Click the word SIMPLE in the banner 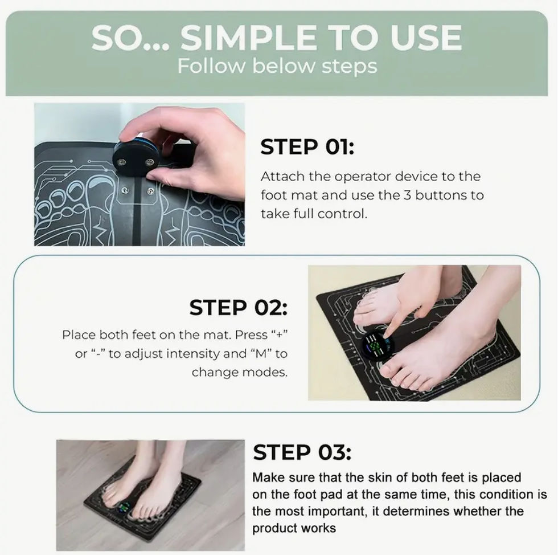(248, 38)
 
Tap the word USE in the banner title (426, 38)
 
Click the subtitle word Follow (212, 66)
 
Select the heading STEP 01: (307, 147)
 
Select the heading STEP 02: (239, 308)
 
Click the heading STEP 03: (302, 452)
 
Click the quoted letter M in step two (261, 353)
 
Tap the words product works (294, 528)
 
